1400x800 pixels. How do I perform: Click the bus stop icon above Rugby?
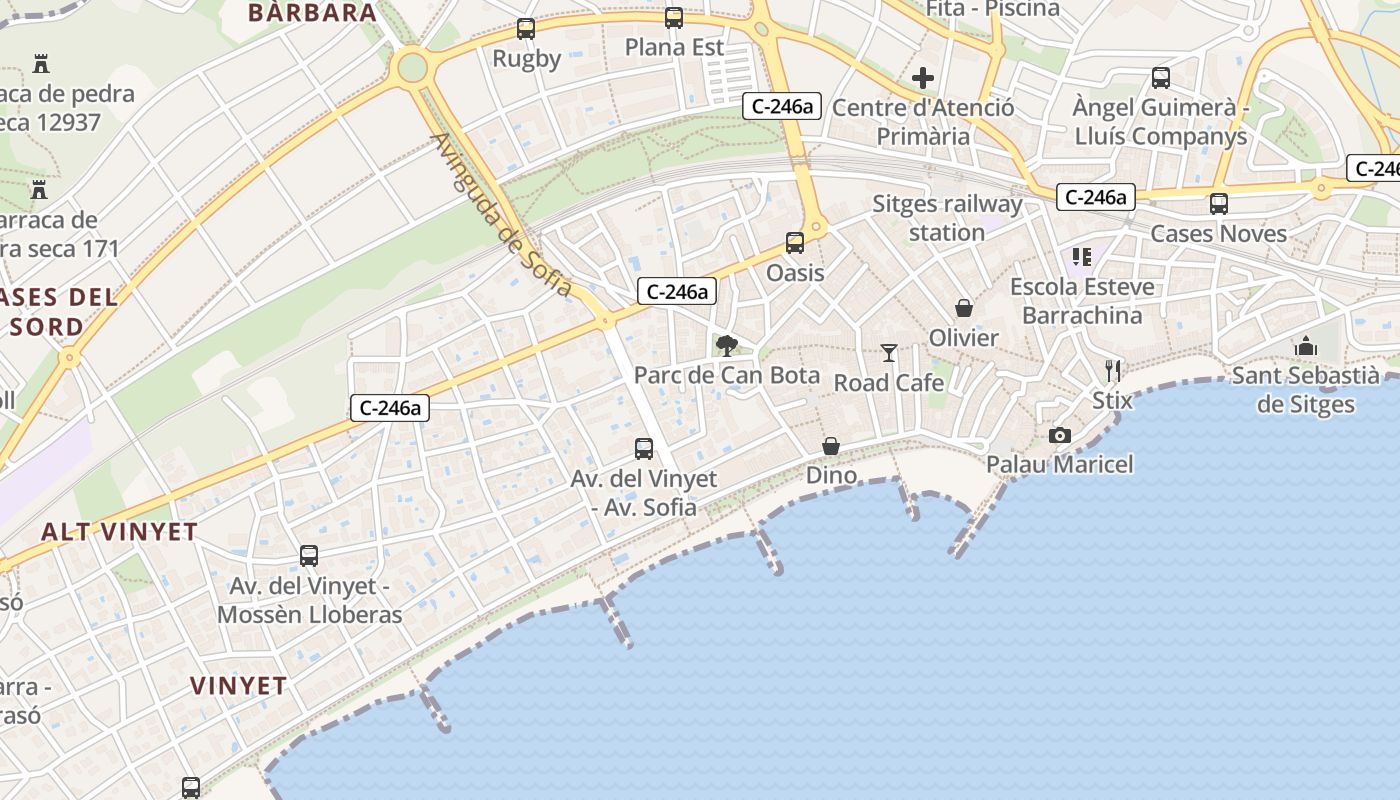click(526, 29)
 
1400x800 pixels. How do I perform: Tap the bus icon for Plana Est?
click(674, 18)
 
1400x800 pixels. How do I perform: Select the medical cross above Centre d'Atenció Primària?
click(923, 77)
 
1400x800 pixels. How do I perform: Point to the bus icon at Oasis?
click(795, 242)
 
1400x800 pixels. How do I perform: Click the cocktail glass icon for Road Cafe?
click(889, 352)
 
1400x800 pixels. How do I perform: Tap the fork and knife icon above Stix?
click(1113, 371)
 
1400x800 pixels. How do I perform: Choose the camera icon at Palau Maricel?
click(1060, 435)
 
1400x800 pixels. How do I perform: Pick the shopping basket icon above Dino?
click(831, 445)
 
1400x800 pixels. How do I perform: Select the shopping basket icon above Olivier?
click(964, 308)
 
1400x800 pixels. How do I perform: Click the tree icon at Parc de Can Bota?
click(727, 346)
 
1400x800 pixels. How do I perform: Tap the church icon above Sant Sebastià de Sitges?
click(1306, 346)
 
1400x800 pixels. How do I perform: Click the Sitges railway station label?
click(947, 218)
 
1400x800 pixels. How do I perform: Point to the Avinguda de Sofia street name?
click(503, 215)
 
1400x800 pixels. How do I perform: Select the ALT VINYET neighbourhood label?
click(119, 532)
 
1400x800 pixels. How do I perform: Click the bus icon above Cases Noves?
click(1219, 204)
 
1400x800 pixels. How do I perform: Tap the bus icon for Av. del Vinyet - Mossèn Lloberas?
click(309, 556)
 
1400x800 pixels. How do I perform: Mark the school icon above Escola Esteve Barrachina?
click(1082, 257)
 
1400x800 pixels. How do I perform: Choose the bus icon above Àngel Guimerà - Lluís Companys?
click(1161, 77)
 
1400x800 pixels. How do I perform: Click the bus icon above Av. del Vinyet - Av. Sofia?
click(644, 449)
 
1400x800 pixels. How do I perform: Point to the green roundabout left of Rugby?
click(411, 68)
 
